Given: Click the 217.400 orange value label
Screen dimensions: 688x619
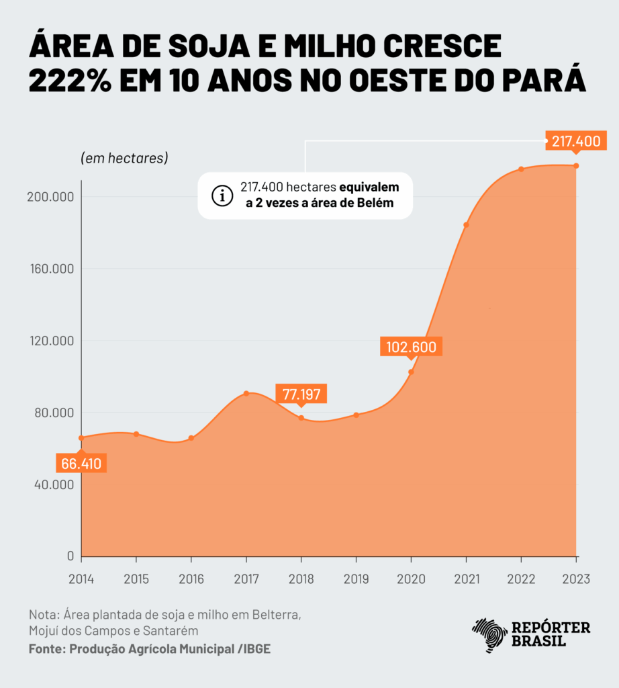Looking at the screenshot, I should pyautogui.click(x=575, y=142).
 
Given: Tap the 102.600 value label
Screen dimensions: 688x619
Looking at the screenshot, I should pyautogui.click(x=411, y=347).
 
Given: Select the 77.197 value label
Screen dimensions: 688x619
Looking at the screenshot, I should pyautogui.click(x=301, y=394).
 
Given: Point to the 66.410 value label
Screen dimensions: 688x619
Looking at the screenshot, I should pyautogui.click(x=81, y=464).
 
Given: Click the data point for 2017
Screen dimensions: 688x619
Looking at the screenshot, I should pyautogui.click(x=246, y=393).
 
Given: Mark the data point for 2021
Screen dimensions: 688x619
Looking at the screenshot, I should pyautogui.click(x=466, y=225).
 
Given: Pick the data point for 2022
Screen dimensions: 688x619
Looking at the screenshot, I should pyautogui.click(x=521, y=169).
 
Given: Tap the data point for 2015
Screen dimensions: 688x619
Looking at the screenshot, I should pyautogui.click(x=136, y=434).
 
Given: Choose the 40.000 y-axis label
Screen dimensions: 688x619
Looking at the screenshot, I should pyautogui.click(x=54, y=484).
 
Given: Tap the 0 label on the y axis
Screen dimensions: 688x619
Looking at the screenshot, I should pyautogui.click(x=69, y=556).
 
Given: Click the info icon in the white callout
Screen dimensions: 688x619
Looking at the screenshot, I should pyautogui.click(x=220, y=196).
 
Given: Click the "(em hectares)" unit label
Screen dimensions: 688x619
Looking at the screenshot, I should pyautogui.click(x=124, y=159).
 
